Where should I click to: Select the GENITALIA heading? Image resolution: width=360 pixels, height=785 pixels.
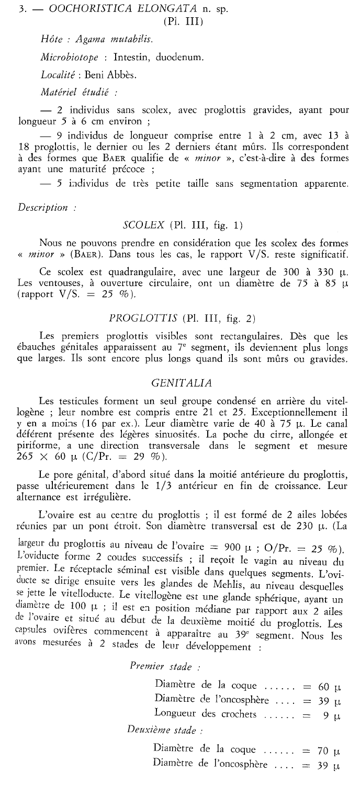(180, 383)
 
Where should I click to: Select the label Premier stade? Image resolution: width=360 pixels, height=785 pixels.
(156, 665)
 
